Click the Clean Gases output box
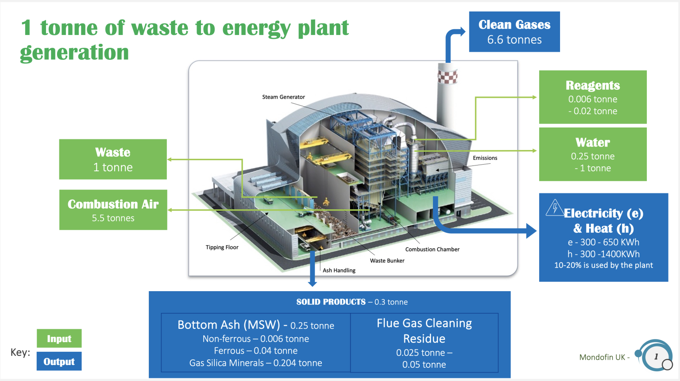click(514, 32)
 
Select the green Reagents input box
click(592, 97)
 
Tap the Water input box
click(592, 154)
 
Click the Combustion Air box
click(113, 210)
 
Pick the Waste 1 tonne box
click(113, 159)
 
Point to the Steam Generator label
click(283, 97)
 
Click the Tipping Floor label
click(222, 247)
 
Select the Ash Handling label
click(339, 270)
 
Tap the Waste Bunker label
click(387, 261)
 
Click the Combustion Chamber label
click(432, 250)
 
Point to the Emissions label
click(485, 158)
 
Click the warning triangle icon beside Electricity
click(554, 208)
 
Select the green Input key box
click(59, 339)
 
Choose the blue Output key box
click(59, 362)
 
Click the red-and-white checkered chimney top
click(447, 75)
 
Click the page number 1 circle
click(656, 357)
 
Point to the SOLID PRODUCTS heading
click(331, 302)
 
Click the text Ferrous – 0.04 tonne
click(255, 351)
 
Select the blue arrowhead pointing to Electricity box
click(531, 231)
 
